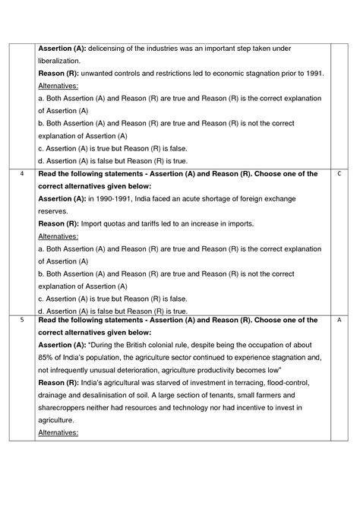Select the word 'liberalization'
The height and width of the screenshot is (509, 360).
point(59,61)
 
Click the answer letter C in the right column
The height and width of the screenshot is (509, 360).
point(339,174)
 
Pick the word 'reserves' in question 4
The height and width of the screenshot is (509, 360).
point(53,211)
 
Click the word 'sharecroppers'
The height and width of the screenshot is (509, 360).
point(65,407)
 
